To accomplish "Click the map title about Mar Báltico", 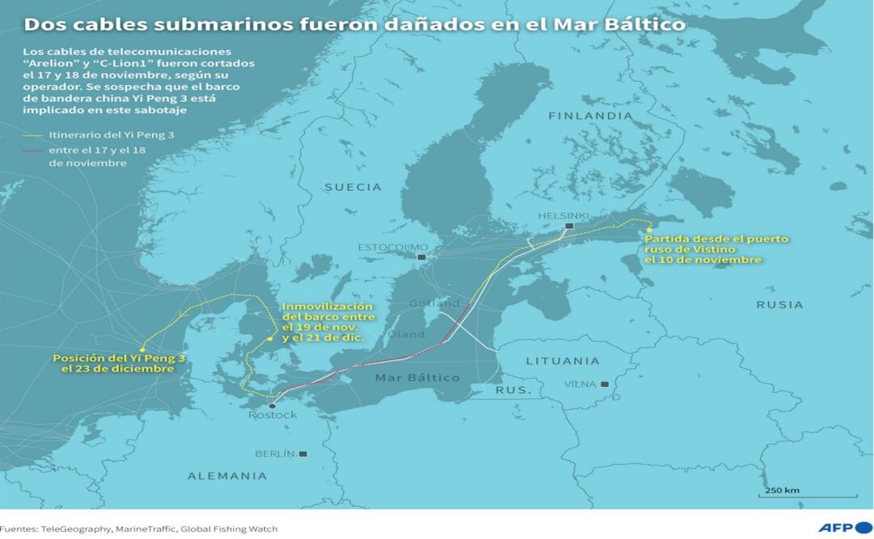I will (x=354, y=24).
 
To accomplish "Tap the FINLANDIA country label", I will (x=590, y=116).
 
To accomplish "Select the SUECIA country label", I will (x=353, y=187).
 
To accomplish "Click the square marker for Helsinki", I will (x=569, y=226).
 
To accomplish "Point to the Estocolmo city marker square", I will (x=421, y=257).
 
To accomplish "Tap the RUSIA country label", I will (x=779, y=305).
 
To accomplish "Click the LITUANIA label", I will (x=563, y=361).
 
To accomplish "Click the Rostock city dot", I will (x=272, y=406).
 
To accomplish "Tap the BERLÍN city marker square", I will (x=303, y=454).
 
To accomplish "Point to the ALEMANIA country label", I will (x=227, y=476).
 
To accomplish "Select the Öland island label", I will (x=406, y=333).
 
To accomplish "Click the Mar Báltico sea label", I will (x=417, y=378).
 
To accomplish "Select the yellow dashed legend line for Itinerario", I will (x=35, y=134).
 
